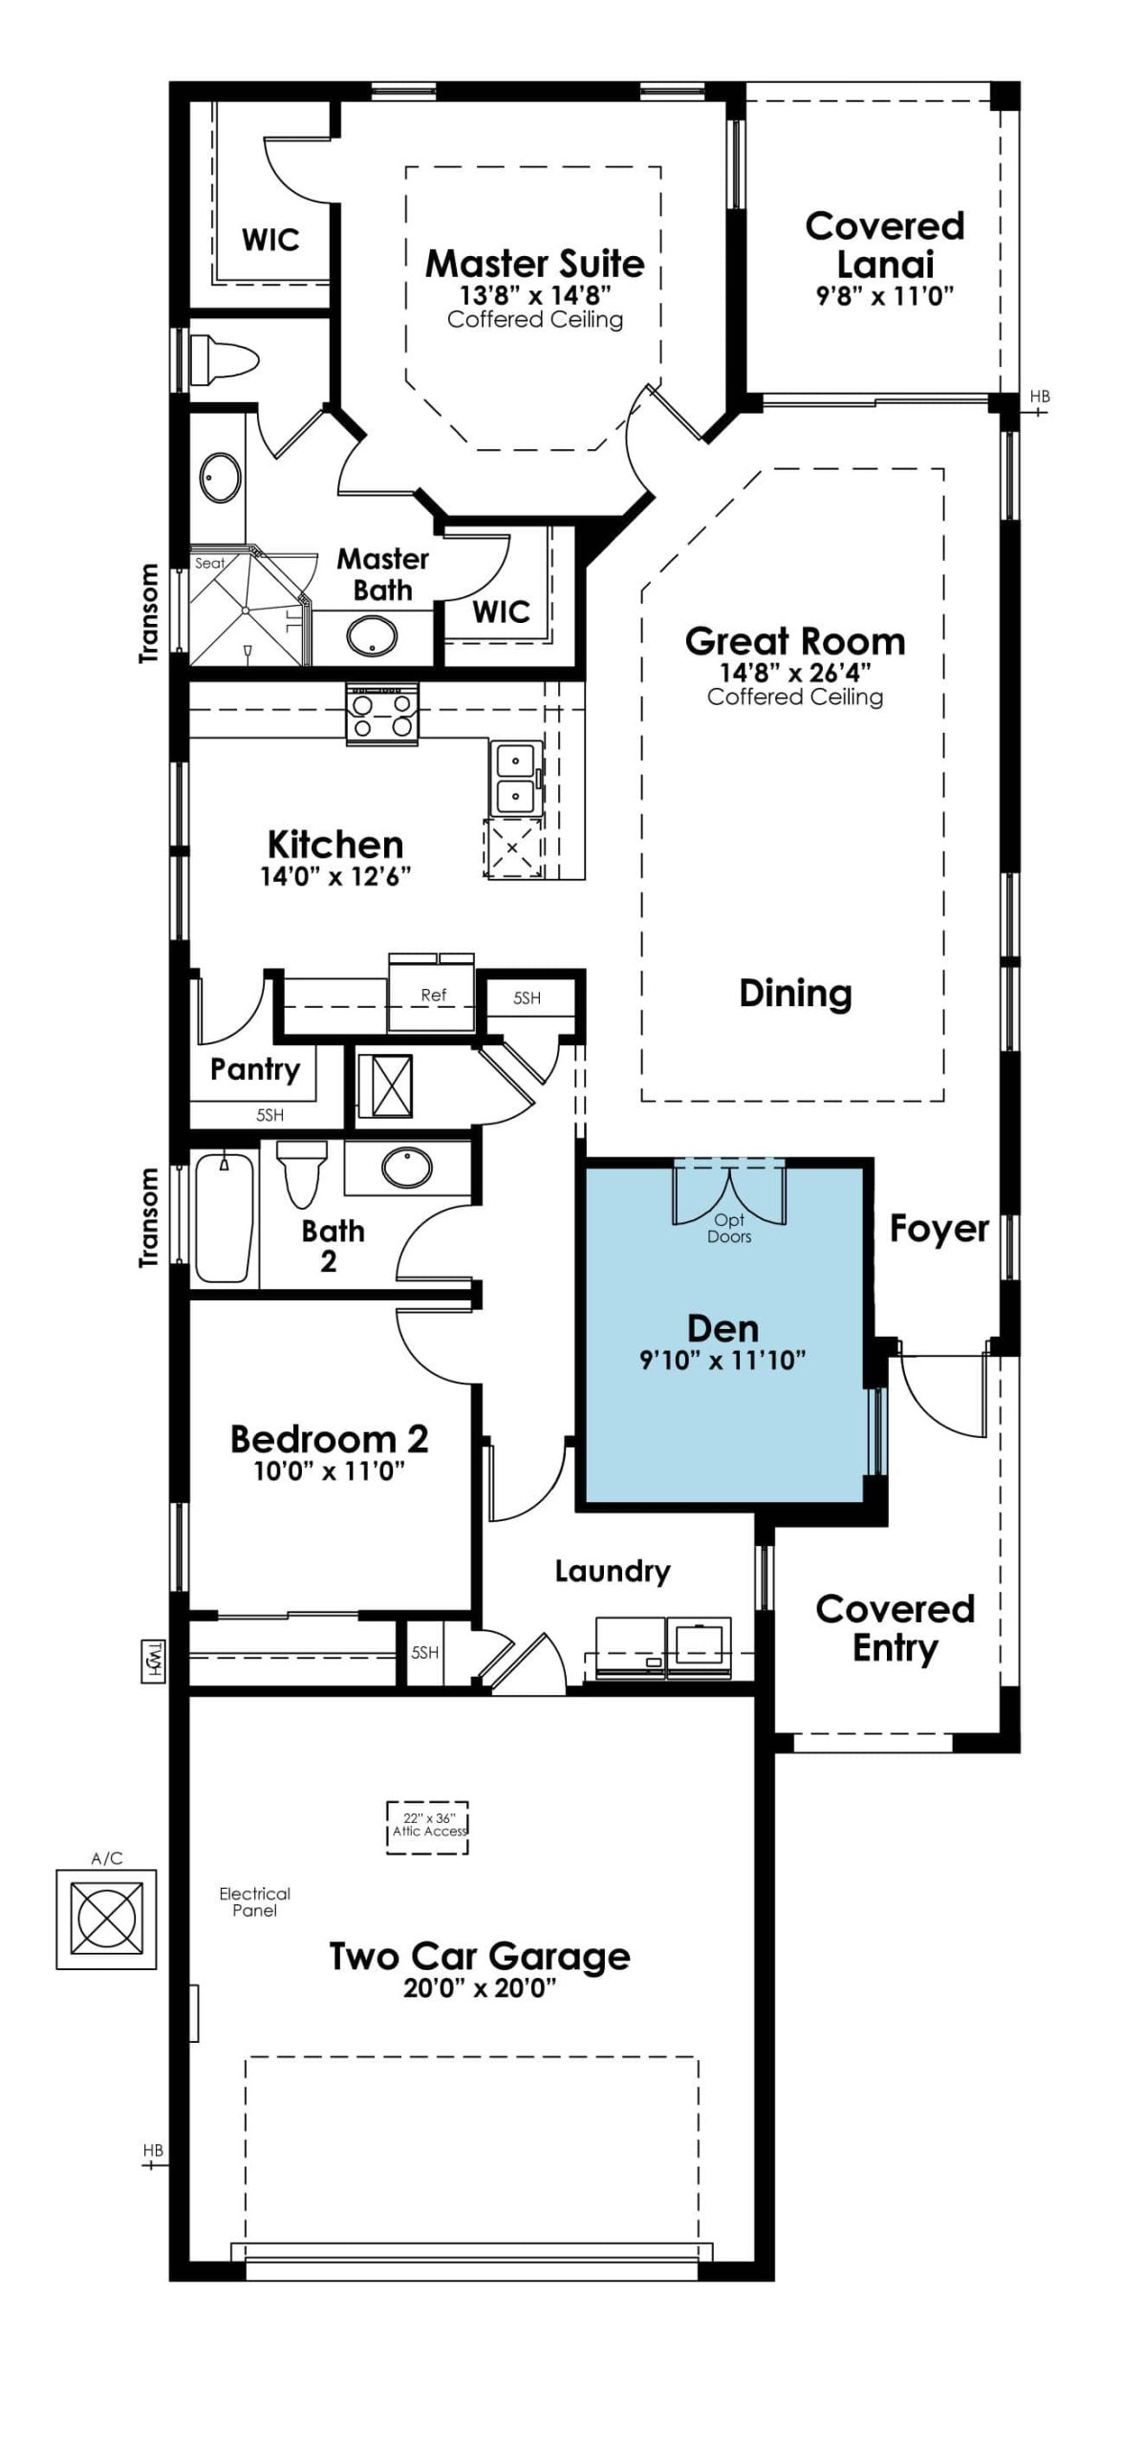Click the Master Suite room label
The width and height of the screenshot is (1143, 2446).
(534, 263)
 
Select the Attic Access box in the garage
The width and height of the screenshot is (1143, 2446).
(428, 1827)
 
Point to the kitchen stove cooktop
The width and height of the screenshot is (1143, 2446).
(382, 715)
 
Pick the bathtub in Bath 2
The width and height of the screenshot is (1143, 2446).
(226, 1218)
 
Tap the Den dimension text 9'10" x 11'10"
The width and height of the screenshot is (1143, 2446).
(722, 1360)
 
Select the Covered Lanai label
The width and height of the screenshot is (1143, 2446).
(884, 245)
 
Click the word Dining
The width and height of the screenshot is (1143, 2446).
(795, 994)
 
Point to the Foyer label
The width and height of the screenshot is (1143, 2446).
(939, 1229)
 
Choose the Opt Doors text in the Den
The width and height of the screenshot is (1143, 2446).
(729, 1228)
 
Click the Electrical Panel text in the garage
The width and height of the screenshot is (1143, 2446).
(254, 1901)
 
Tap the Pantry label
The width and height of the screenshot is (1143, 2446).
(254, 1069)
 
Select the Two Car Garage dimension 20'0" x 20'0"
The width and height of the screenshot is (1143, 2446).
(480, 1988)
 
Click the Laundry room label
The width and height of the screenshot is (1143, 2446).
(613, 1572)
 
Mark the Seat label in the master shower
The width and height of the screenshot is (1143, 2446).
(209, 563)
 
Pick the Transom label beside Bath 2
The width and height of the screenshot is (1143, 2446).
(148, 1217)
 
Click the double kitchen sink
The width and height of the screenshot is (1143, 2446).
(516, 777)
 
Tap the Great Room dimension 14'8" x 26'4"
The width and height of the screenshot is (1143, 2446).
(795, 672)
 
